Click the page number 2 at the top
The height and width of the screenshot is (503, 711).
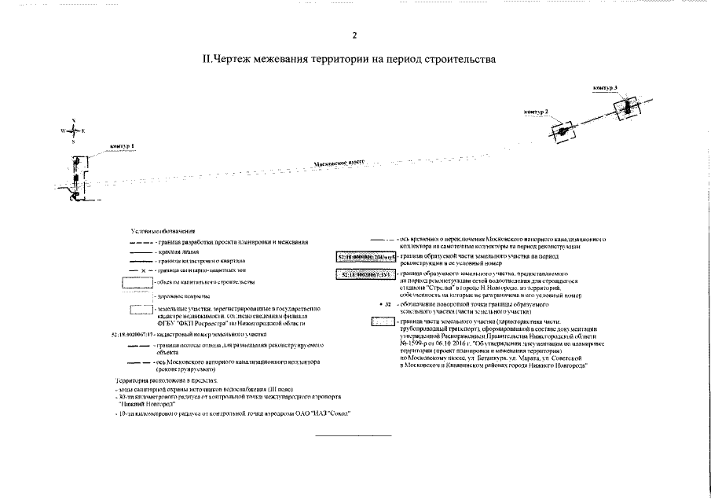coord(354,35)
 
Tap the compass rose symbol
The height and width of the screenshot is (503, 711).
coord(72,130)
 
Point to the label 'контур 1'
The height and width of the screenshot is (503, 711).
coord(123,147)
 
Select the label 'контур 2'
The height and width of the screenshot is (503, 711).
coord(536,112)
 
